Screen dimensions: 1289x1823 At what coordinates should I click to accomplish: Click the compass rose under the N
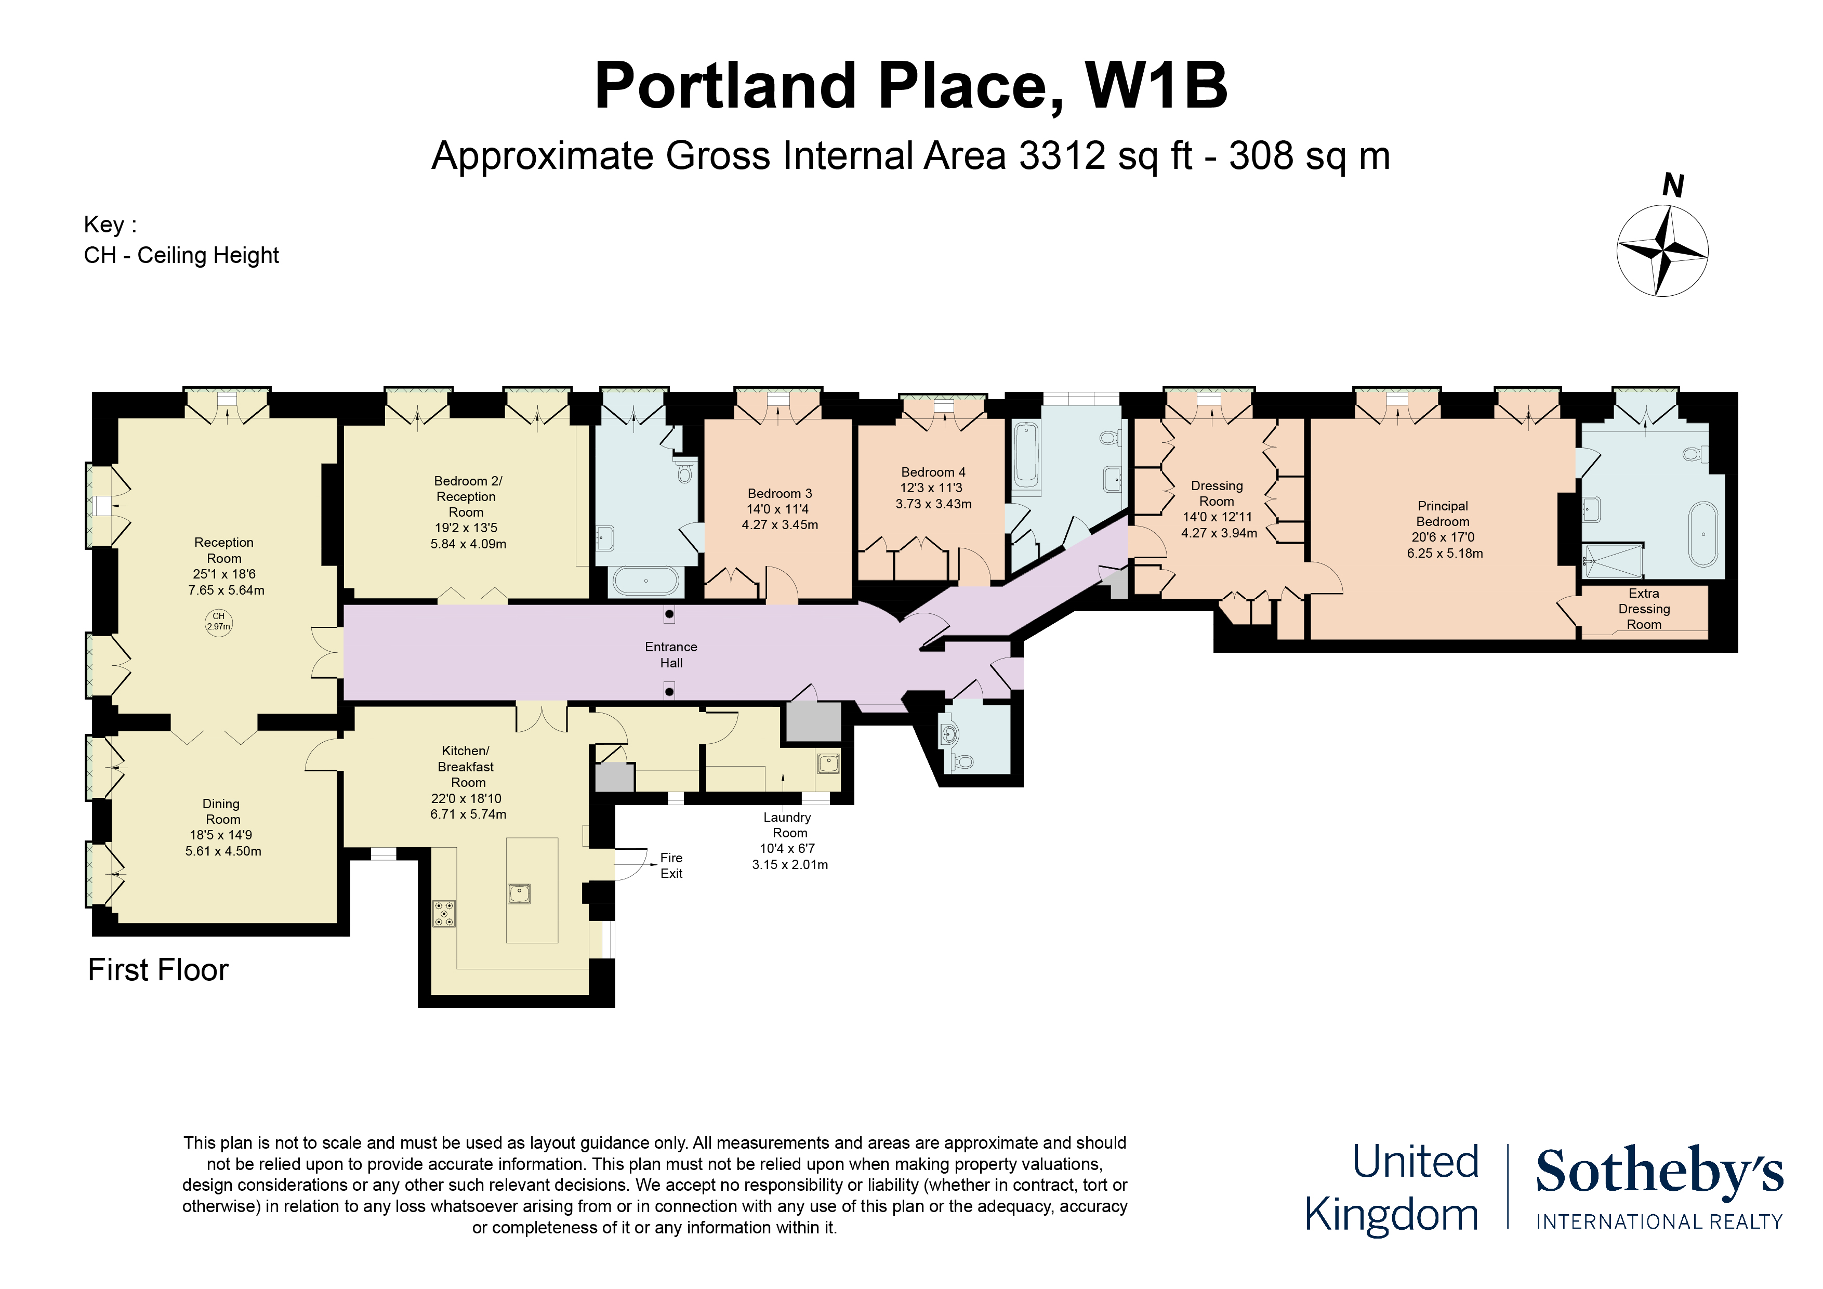(1662, 251)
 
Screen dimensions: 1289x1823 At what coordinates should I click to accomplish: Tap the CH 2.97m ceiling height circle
(218, 621)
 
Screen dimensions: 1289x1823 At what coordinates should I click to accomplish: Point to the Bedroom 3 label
(780, 493)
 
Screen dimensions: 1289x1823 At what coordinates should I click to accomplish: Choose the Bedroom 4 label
(933, 472)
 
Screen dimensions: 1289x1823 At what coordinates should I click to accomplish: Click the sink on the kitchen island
(519, 893)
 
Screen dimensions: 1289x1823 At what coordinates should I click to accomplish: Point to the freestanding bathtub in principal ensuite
(1703, 534)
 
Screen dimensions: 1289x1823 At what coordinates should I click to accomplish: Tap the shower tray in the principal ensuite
(1613, 561)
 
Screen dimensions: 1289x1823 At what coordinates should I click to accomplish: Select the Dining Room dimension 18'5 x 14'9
(222, 835)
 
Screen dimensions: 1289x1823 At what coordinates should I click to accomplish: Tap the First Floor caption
(158, 970)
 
